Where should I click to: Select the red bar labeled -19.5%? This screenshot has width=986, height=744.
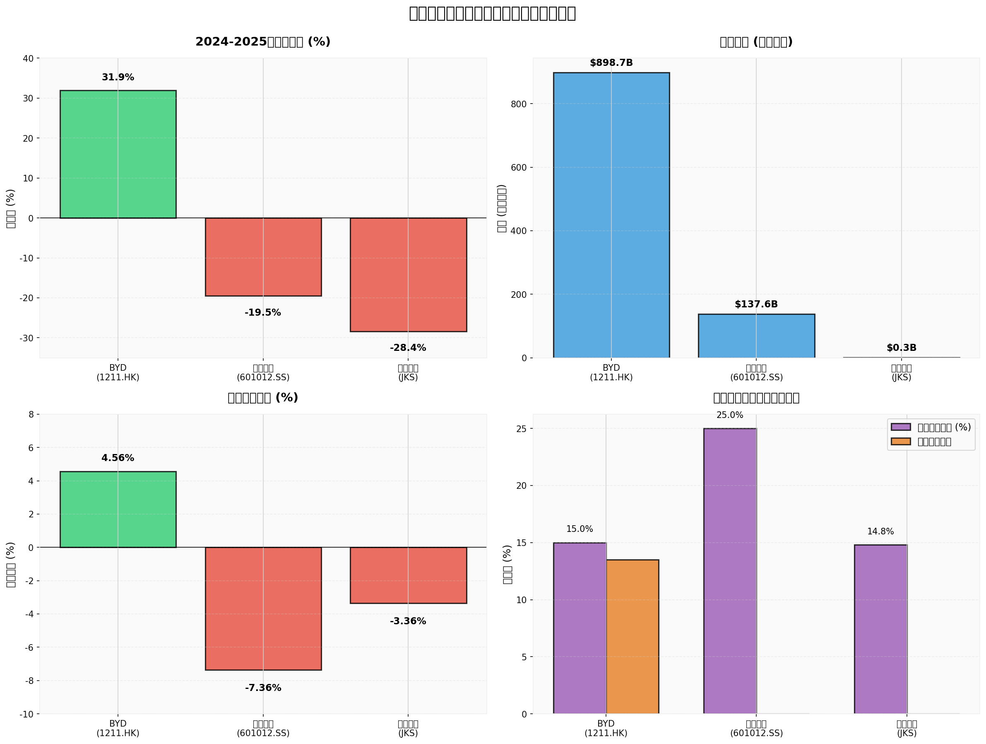(263, 256)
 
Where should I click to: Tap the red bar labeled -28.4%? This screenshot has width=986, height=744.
(408, 274)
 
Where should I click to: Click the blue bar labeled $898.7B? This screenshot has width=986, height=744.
(611, 215)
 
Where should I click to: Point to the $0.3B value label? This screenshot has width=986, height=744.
(901, 348)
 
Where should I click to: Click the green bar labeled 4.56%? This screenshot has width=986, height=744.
(118, 509)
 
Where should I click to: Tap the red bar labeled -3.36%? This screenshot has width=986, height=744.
(408, 575)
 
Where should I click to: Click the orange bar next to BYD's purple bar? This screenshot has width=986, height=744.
(632, 637)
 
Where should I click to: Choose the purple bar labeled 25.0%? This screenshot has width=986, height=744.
(730, 571)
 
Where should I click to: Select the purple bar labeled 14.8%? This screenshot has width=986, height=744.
(880, 629)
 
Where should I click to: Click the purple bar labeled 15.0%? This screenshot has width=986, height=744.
(580, 628)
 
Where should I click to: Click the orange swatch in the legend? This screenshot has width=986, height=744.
(900, 441)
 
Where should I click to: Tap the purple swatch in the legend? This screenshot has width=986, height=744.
(900, 427)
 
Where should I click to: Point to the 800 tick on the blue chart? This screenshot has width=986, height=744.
(519, 104)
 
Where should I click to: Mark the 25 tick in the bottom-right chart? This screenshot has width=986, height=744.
(521, 429)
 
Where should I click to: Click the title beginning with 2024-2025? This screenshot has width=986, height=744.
(262, 42)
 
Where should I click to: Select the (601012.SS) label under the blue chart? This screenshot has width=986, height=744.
(756, 377)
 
